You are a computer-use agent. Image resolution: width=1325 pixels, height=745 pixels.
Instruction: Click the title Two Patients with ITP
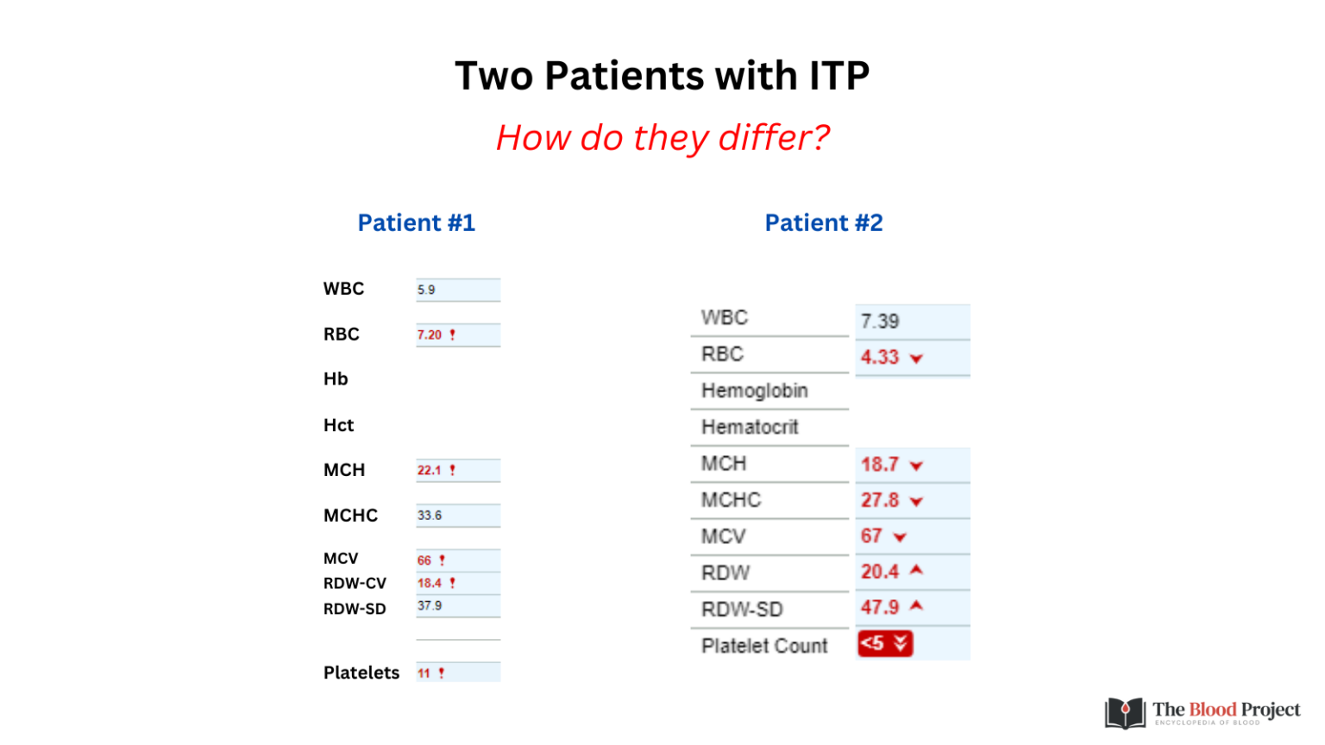tap(662, 76)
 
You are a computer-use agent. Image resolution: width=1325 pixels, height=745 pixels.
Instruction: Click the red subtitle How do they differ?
tap(662, 137)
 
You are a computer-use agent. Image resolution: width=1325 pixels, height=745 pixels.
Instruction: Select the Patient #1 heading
tap(417, 223)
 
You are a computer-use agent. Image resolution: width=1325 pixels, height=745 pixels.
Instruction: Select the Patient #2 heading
tap(824, 223)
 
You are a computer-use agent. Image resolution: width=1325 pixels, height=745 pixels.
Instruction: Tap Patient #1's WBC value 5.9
tap(426, 290)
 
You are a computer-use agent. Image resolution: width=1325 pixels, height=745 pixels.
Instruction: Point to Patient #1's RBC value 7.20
tap(429, 335)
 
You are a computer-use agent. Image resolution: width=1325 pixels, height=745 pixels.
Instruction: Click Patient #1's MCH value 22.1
tap(429, 470)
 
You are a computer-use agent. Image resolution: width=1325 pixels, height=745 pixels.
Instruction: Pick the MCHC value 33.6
tap(429, 516)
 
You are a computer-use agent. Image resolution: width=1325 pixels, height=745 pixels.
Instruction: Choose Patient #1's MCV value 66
tap(424, 560)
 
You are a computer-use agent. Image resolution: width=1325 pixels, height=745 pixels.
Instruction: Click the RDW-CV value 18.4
tap(429, 583)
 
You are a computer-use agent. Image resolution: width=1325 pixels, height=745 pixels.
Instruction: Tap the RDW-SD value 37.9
tap(429, 605)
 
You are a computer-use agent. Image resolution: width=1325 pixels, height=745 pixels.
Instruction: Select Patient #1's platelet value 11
tap(424, 673)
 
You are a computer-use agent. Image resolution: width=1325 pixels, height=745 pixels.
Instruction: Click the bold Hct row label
tap(338, 425)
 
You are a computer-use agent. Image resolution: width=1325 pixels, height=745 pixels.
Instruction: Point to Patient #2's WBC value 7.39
tap(880, 321)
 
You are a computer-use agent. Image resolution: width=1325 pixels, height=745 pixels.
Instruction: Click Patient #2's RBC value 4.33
tap(880, 357)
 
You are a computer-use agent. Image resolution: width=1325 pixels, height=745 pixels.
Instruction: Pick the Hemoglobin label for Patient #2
tap(754, 391)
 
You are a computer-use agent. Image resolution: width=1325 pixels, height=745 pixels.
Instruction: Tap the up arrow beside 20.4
tap(916, 570)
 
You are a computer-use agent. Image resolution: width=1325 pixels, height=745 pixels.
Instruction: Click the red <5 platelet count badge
tap(885, 643)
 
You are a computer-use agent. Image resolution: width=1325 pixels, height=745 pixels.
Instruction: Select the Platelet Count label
tap(764, 646)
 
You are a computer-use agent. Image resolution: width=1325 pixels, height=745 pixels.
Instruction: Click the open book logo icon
tap(1125, 712)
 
